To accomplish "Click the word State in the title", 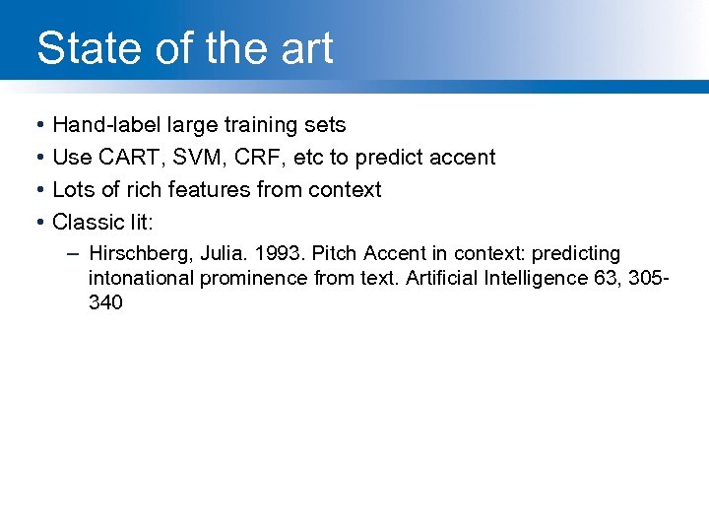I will (x=83, y=48).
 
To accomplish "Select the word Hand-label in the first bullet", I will (x=107, y=125).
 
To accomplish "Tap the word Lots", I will (x=74, y=189).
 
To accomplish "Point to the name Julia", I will (x=216, y=254).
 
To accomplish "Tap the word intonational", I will (x=142, y=278).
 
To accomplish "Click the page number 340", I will (x=105, y=302).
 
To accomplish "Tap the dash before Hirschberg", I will (x=75, y=253).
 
